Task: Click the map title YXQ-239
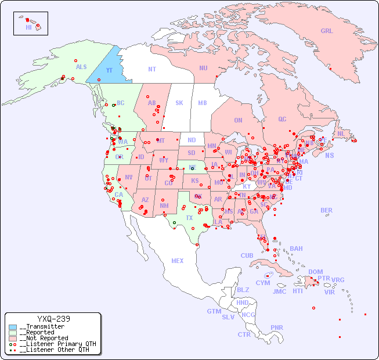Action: click(53, 319)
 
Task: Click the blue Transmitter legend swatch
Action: click(13, 327)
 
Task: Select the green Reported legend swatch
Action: click(13, 333)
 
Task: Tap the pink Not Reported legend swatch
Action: click(13, 338)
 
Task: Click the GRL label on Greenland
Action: click(327, 31)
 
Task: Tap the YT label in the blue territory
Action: click(109, 70)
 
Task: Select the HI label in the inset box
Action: click(28, 27)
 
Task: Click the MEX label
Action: click(178, 261)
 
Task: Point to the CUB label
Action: click(247, 255)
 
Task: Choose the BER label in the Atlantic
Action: click(326, 210)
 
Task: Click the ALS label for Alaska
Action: click(81, 67)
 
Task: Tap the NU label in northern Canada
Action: click(203, 68)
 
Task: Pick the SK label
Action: click(179, 103)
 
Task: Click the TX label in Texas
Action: click(189, 218)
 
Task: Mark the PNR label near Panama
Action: click(277, 327)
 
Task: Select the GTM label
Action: click(214, 311)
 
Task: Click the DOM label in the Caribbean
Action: click(315, 272)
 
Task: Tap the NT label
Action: click(151, 69)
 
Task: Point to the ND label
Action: click(192, 140)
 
